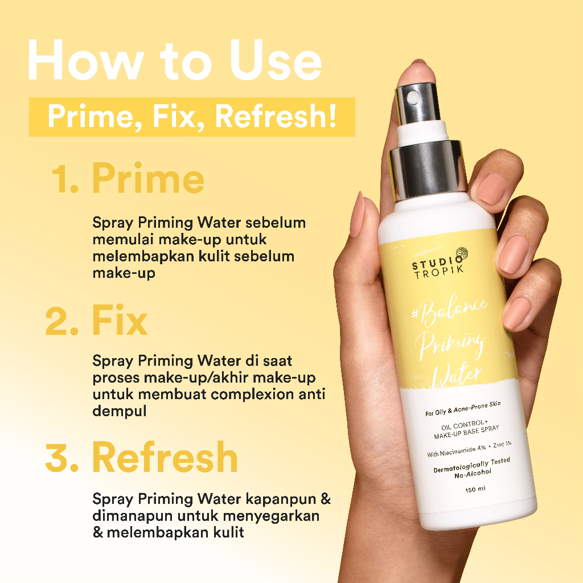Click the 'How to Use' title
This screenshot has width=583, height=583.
pos(174,59)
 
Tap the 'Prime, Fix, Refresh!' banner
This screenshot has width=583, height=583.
pos(192,116)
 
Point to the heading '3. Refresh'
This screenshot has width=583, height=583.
pos(142,458)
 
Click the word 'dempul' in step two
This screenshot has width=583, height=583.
pos(119,410)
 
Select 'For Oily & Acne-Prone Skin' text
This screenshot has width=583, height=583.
pos(454,407)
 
